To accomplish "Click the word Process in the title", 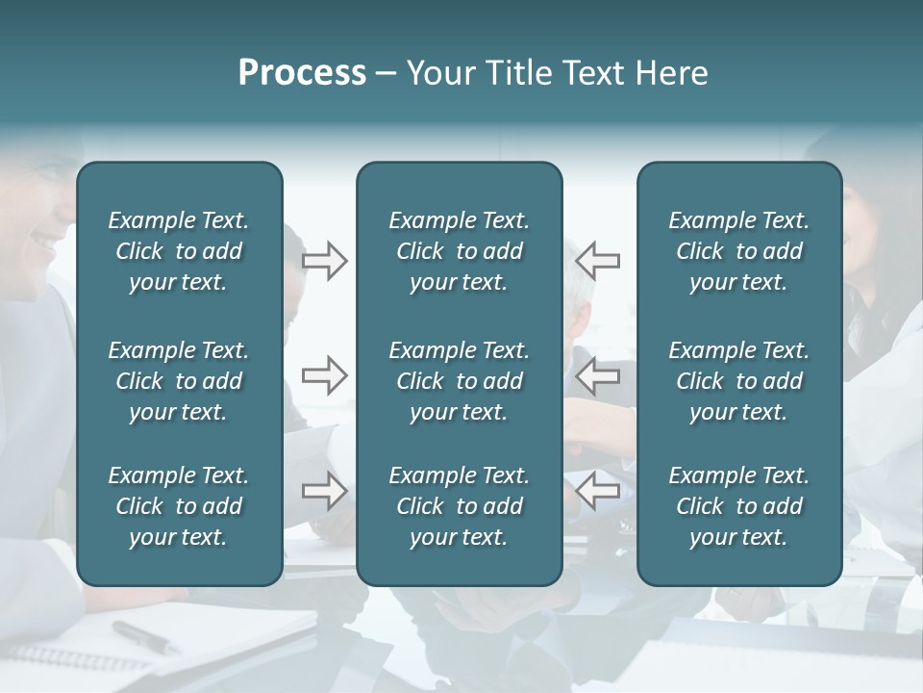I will click(302, 73).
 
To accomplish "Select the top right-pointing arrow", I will click(324, 261).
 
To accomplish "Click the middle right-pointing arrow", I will click(324, 374).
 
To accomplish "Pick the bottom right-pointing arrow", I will click(324, 491).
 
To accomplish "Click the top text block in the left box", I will click(179, 251).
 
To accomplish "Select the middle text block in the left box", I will click(179, 381).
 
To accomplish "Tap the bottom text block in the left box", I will click(179, 506).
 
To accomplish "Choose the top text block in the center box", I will click(459, 251).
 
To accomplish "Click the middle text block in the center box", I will click(459, 381).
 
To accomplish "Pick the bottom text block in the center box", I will click(459, 506).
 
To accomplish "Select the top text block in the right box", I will click(738, 251).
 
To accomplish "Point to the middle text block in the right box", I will click(738, 381).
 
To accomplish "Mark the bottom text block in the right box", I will click(738, 506).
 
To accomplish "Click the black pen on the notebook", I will click(143, 636).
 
